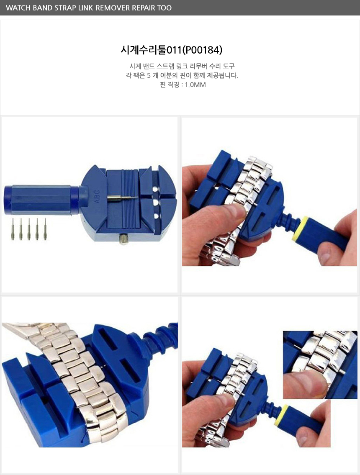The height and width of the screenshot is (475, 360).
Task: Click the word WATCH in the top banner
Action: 18,8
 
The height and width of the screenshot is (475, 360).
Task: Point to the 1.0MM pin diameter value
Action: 195,85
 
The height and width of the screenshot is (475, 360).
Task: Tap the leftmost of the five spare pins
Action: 13,229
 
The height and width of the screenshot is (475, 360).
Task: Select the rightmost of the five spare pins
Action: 45,229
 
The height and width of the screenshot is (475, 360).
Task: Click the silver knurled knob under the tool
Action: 123,239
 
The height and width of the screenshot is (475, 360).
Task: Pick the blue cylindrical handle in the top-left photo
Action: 41,200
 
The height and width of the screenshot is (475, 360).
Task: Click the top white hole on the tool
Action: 155,189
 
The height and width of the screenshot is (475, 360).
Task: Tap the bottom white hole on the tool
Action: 156,216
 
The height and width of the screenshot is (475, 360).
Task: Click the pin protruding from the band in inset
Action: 342,371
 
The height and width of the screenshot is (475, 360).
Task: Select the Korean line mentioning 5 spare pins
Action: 182,75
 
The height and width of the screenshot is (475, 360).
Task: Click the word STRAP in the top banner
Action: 65,8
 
